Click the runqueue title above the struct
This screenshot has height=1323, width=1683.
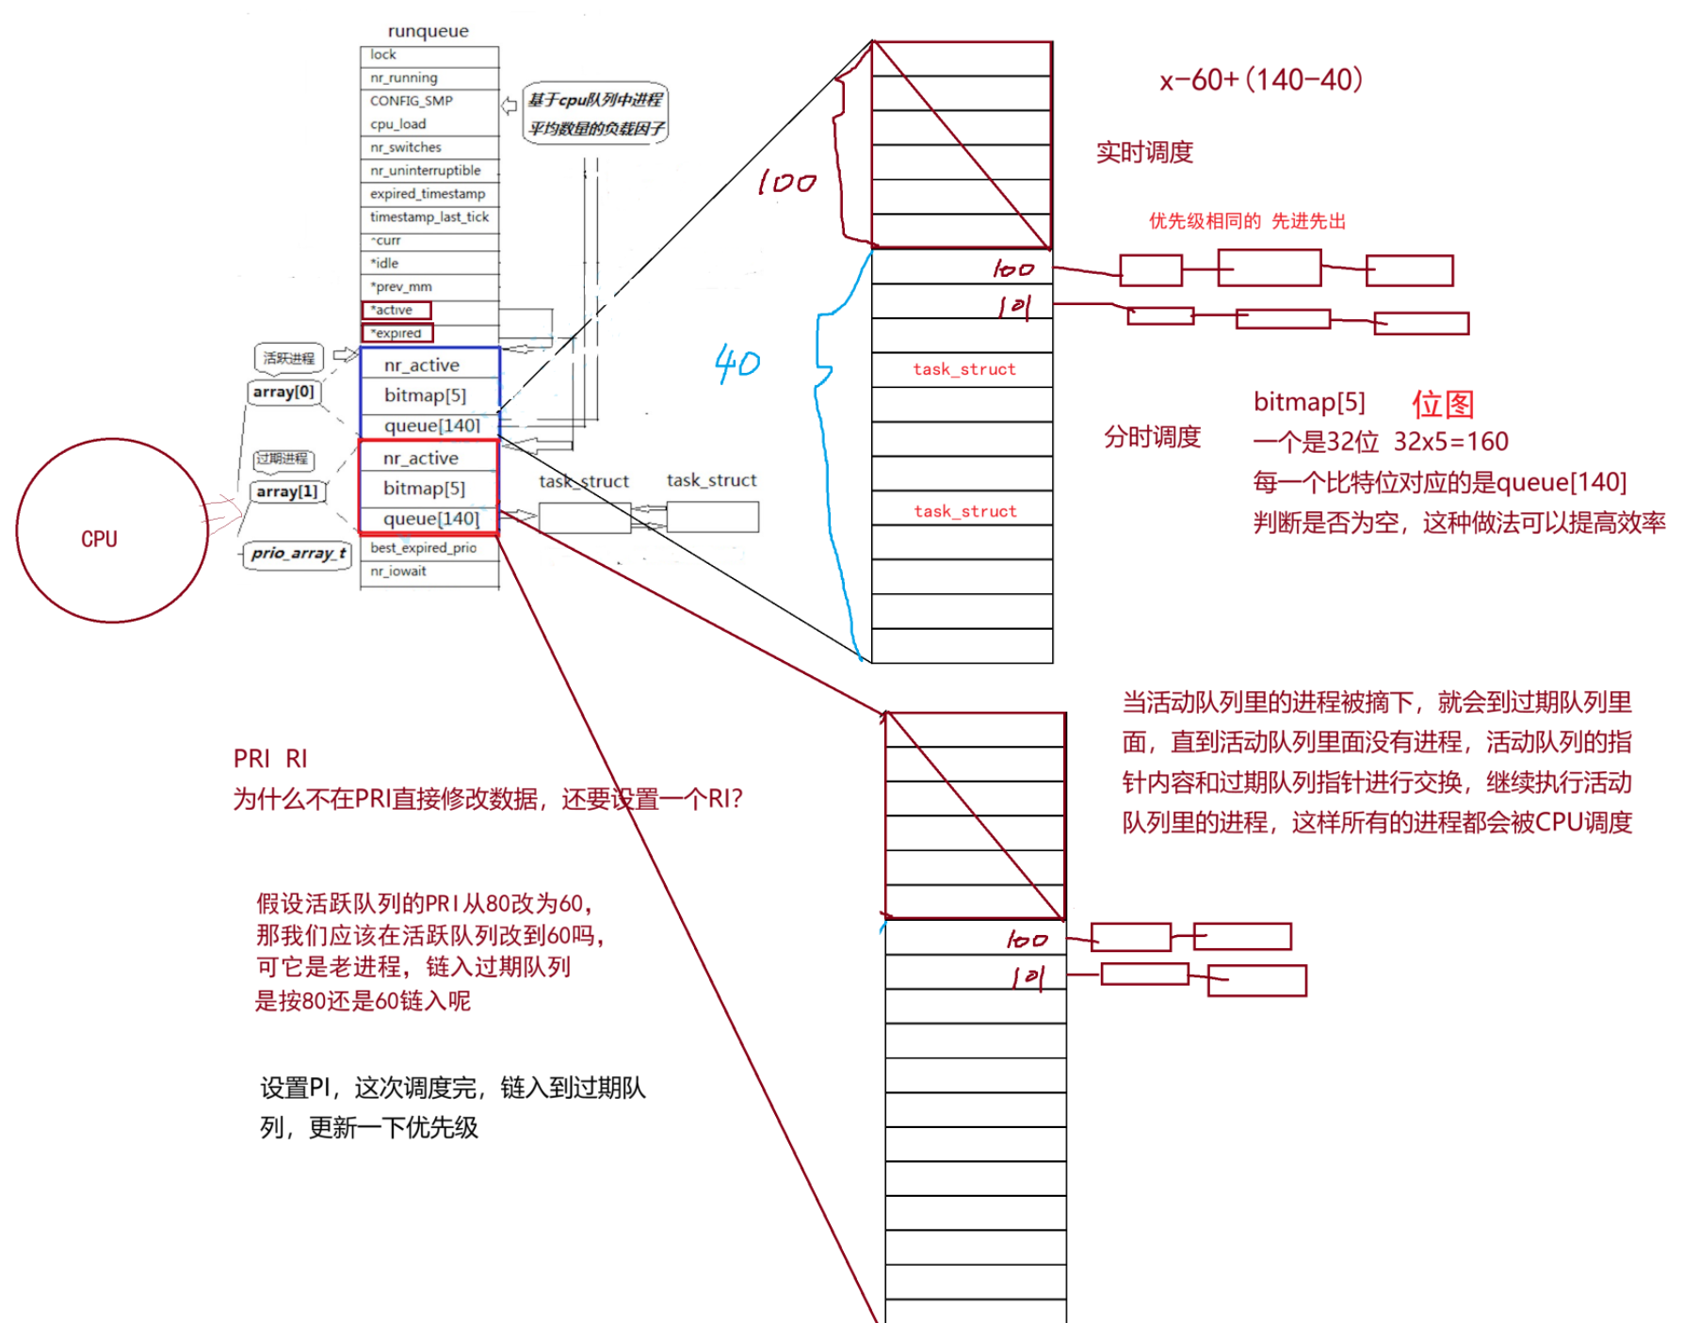(x=428, y=31)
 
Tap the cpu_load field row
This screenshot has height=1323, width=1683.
(x=398, y=124)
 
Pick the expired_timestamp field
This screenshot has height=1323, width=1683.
(x=428, y=194)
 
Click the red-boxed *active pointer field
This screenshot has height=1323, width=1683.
(x=396, y=310)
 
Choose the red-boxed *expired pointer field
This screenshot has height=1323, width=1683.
(x=396, y=333)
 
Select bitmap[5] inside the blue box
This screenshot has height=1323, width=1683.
(x=425, y=395)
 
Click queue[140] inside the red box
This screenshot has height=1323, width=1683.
(x=430, y=519)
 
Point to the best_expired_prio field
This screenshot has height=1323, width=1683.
(x=423, y=548)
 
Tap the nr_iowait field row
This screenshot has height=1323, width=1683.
(x=398, y=572)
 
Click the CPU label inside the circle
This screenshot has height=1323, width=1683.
(x=99, y=539)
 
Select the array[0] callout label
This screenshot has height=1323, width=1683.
(x=283, y=392)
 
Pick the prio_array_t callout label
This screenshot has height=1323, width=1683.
(x=298, y=554)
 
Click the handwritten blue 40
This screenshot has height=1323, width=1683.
(x=736, y=363)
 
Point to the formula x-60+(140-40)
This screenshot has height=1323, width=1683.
(x=1261, y=80)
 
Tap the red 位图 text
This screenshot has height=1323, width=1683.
(x=1442, y=404)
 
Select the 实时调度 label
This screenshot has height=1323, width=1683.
(x=1144, y=153)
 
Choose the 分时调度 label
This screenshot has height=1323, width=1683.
(x=1152, y=437)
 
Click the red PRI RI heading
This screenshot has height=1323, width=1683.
(x=270, y=759)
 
